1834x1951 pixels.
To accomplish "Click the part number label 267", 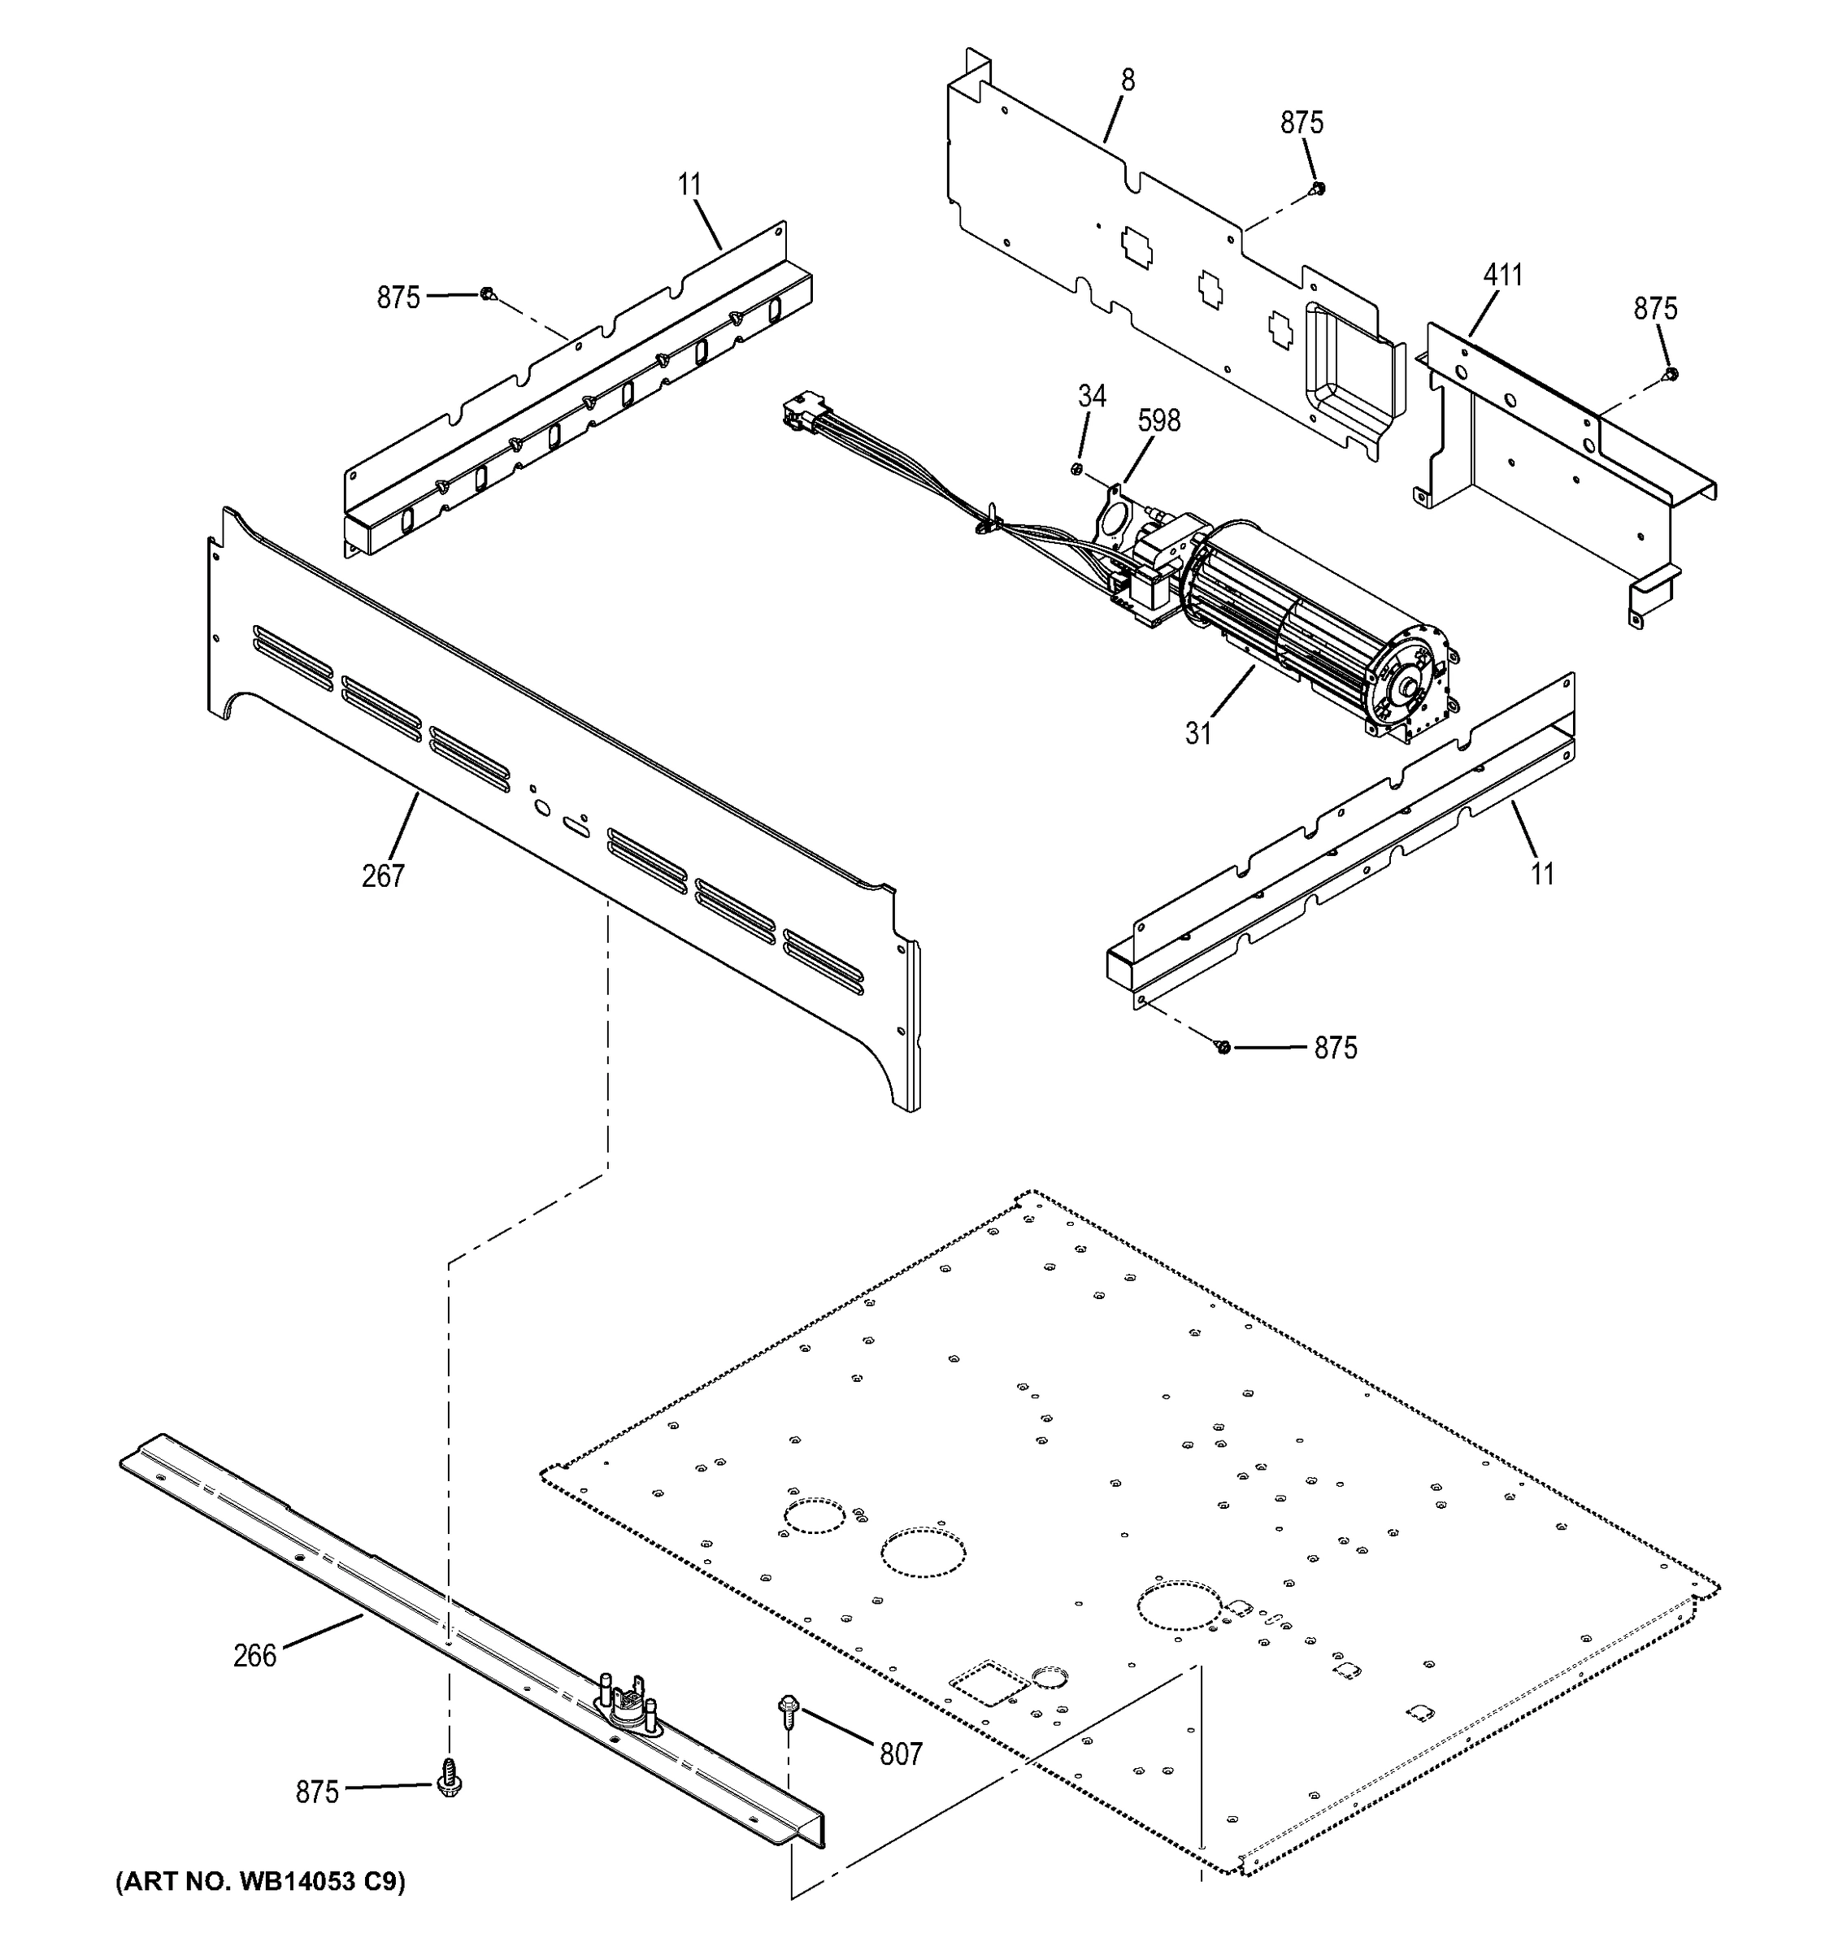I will [383, 876].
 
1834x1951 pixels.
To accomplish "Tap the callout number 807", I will [901, 1753].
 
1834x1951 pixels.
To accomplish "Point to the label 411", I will [1502, 276].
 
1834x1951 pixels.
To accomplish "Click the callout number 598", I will [1159, 421].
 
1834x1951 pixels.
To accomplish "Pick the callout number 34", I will [1091, 397].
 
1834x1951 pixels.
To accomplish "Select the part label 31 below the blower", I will [1198, 733].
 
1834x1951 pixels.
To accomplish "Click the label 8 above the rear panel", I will [1128, 80].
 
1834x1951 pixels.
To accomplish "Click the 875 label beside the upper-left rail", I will [398, 298].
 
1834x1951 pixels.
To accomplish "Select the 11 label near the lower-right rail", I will [1543, 872].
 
